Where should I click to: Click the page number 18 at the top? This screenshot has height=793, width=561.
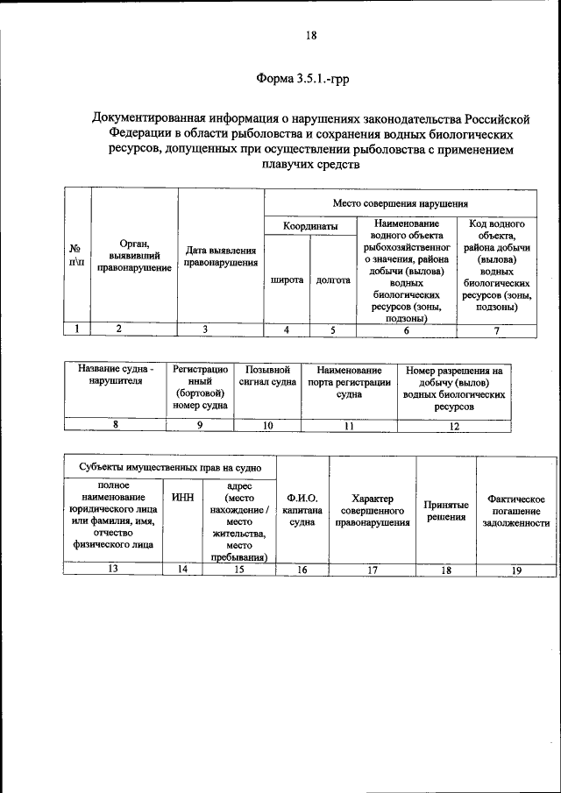(311, 36)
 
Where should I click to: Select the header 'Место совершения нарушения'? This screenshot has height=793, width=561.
(400, 203)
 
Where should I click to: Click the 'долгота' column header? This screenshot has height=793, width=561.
(332, 280)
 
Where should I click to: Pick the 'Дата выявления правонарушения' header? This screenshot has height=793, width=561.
(221, 256)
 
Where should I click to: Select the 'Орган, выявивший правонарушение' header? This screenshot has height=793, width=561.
(134, 255)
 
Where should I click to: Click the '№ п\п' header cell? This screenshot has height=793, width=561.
(78, 256)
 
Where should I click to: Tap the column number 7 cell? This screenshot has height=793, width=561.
(496, 329)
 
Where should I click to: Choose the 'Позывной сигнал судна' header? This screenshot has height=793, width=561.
(268, 376)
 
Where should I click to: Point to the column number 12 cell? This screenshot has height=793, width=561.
(453, 426)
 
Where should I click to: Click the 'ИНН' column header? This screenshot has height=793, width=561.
(183, 498)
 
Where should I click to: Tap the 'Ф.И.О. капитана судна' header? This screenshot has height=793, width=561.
(302, 510)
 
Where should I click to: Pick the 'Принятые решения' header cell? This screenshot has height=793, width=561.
(446, 511)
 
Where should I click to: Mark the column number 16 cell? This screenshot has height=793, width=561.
(302, 570)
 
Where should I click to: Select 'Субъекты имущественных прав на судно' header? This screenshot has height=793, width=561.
(169, 467)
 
